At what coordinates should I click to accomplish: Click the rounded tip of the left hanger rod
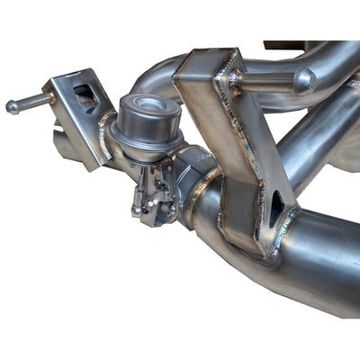click(x=12, y=106)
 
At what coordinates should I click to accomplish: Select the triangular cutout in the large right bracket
click(x=275, y=210)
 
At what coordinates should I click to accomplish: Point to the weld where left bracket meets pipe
click(x=106, y=144)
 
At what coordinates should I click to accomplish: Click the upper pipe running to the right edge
click(x=324, y=63)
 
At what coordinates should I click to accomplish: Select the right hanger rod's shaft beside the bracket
click(x=270, y=80)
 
